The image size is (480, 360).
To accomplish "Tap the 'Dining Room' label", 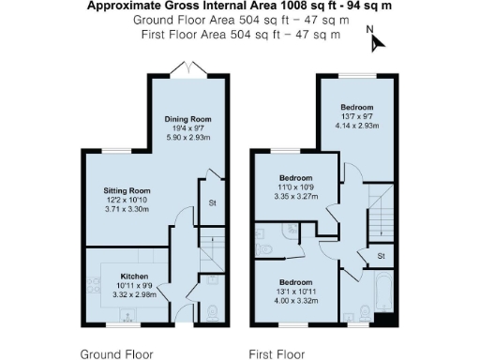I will pyautogui.click(x=188, y=119).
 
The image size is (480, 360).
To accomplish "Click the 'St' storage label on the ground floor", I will pyautogui.click(x=213, y=202).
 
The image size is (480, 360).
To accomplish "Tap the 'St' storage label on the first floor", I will pyautogui.click(x=381, y=255).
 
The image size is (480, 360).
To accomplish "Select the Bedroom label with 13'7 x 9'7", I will pyautogui.click(x=357, y=106).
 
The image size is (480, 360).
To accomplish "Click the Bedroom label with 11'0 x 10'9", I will pyautogui.click(x=297, y=177).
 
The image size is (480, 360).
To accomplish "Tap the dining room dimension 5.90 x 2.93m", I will pyautogui.click(x=188, y=138).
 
